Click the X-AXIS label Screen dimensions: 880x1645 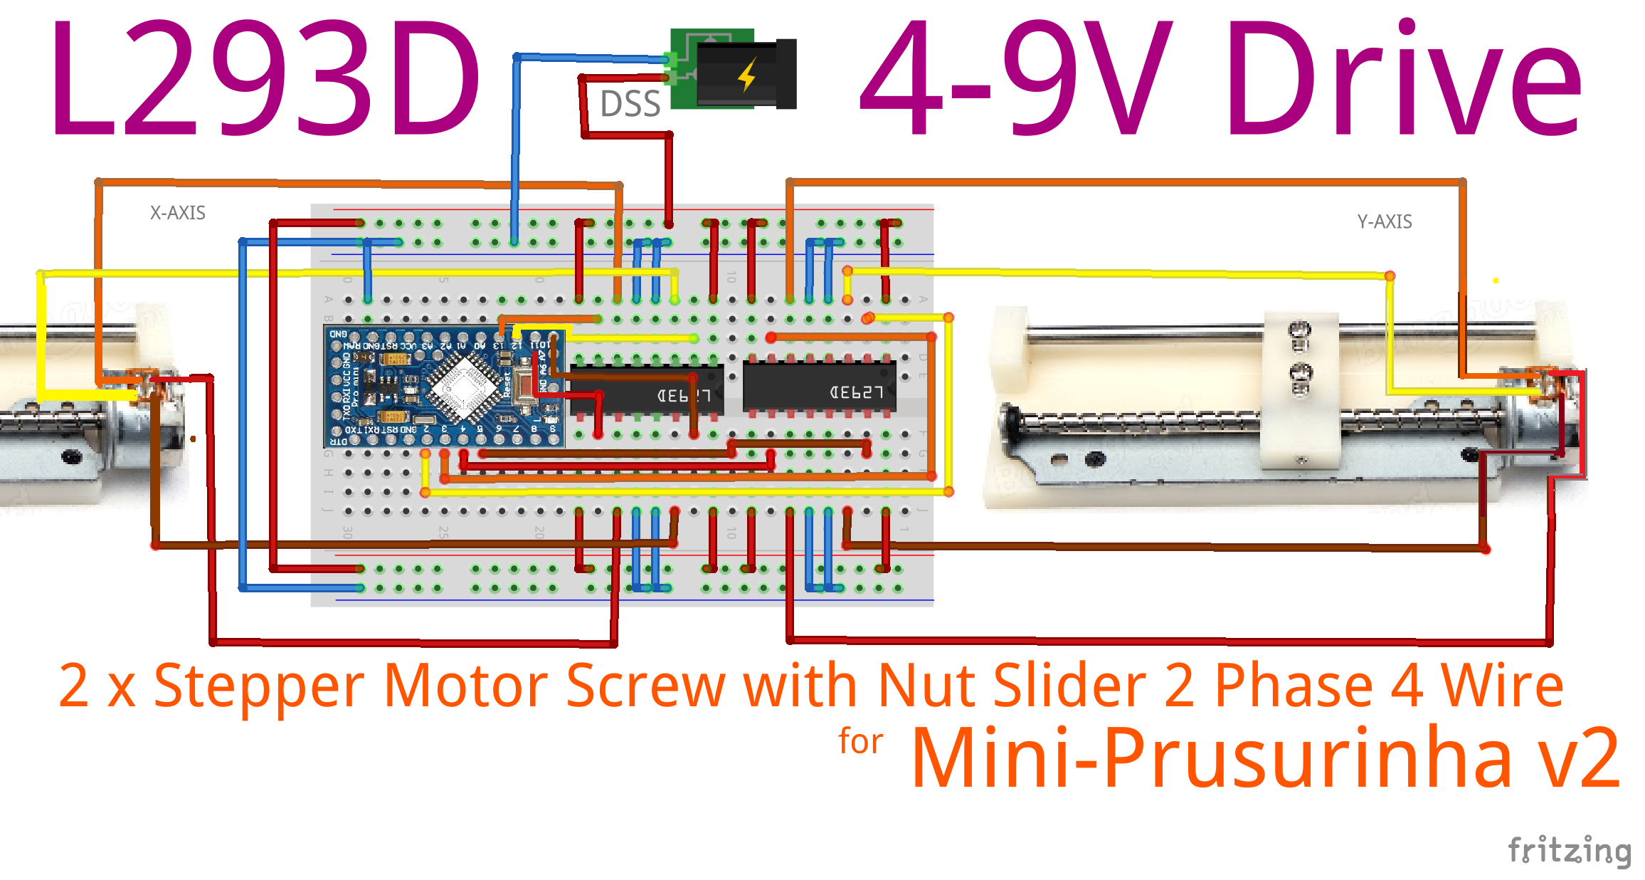tap(177, 213)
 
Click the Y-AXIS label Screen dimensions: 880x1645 tap(1384, 221)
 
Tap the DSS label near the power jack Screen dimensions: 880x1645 tap(630, 104)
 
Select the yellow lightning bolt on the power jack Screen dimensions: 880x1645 tap(747, 74)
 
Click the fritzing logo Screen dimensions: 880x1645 tap(1568, 850)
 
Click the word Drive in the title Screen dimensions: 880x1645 tap(1402, 78)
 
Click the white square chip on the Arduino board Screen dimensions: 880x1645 tap(463, 384)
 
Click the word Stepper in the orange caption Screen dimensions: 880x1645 tap(259, 686)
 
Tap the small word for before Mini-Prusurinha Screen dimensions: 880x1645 tap(860, 742)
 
